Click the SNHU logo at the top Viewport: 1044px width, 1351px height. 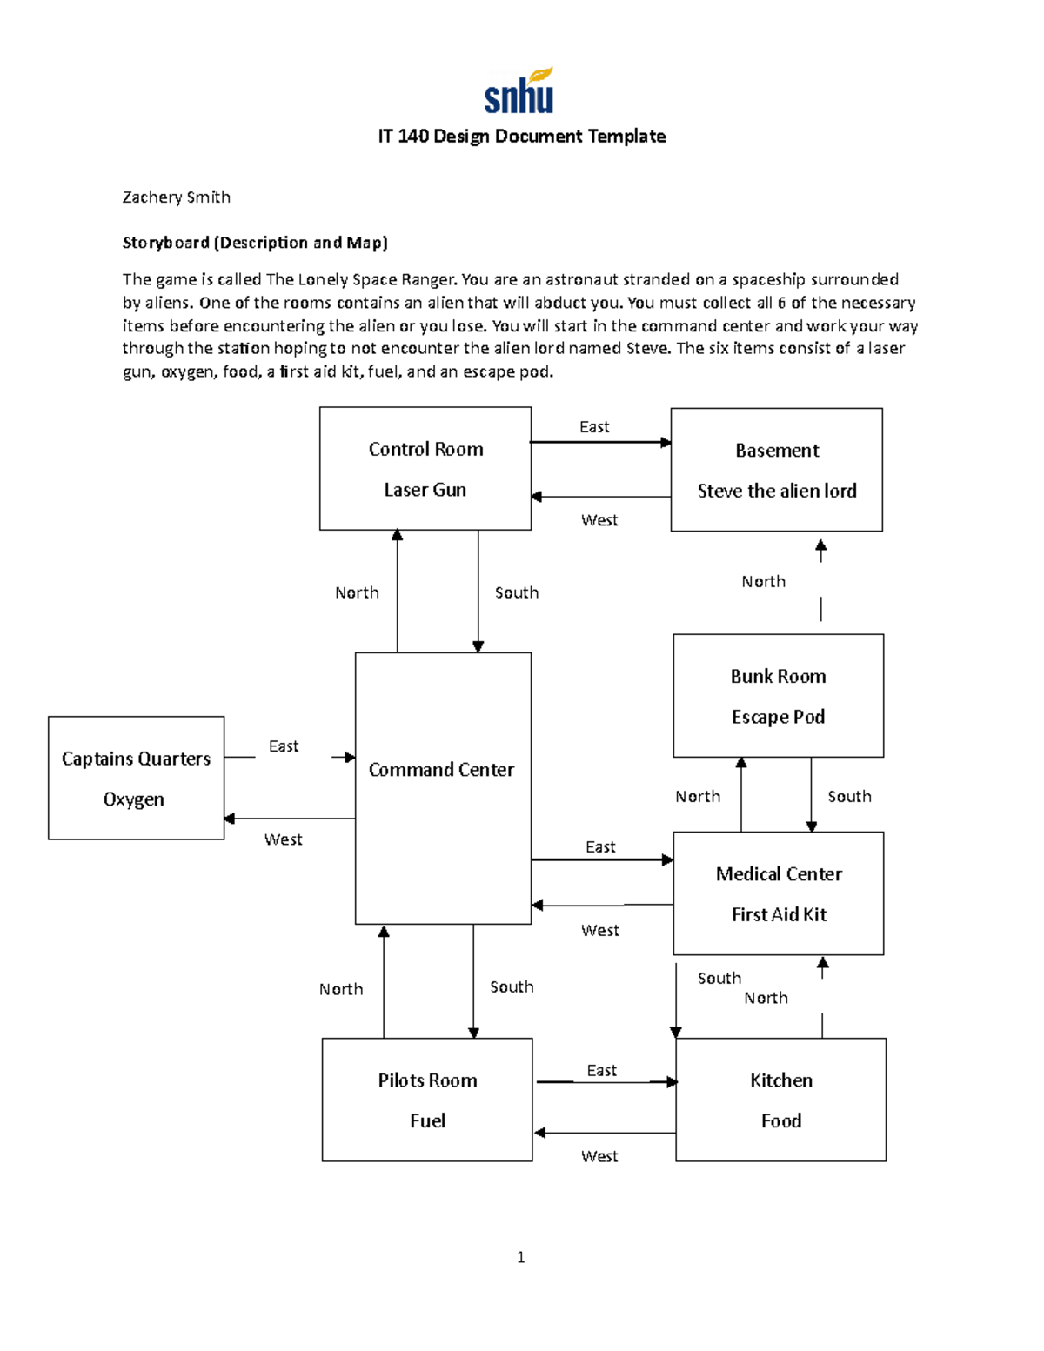tap(519, 91)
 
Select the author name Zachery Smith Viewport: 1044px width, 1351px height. tap(176, 197)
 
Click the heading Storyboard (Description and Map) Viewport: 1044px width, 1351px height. tap(255, 243)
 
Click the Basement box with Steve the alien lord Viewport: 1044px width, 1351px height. tap(776, 470)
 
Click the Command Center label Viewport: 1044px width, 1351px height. tap(441, 770)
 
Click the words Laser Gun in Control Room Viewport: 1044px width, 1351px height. tap(425, 490)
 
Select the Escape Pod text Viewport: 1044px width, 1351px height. tap(778, 717)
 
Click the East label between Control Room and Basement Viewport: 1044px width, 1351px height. tap(594, 427)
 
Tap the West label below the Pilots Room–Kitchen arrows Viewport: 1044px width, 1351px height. tap(599, 1156)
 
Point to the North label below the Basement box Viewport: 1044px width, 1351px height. tap(763, 582)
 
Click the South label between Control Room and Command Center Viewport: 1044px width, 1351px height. tap(517, 593)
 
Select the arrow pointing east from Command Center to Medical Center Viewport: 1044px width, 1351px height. tap(601, 859)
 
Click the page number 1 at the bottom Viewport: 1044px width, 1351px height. tap(520, 1257)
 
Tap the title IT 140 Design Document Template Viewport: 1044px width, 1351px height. tap(521, 137)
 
